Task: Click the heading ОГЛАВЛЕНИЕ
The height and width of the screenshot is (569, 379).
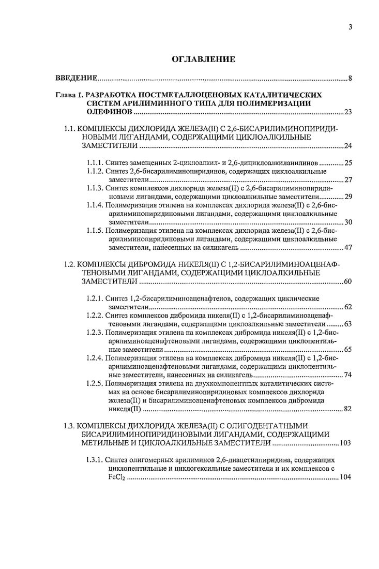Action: click(x=203, y=59)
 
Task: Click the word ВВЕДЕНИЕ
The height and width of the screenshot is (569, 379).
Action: click(x=76, y=79)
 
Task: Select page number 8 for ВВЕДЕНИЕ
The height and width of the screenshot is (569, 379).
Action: click(x=350, y=79)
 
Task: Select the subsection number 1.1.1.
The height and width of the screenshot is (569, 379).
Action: click(x=95, y=163)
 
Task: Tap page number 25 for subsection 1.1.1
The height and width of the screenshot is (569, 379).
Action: click(x=347, y=163)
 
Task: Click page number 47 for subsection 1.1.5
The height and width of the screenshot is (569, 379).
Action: click(x=347, y=247)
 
